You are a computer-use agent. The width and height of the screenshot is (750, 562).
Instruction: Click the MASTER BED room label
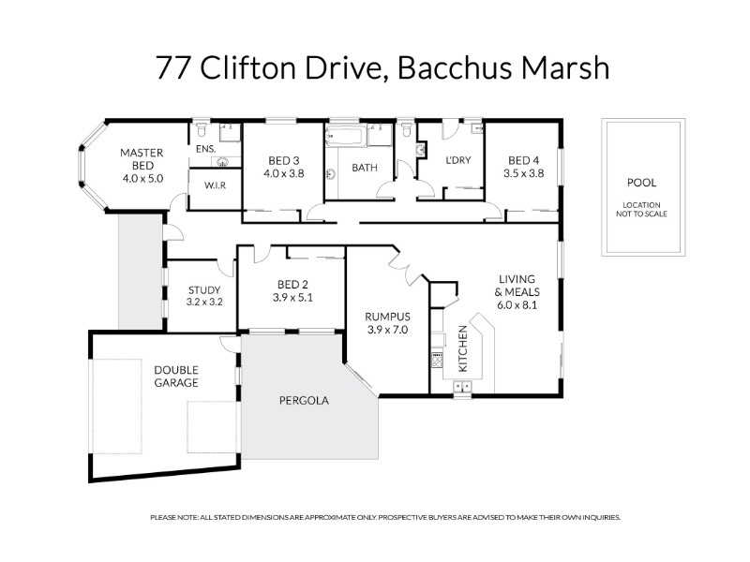[142, 159]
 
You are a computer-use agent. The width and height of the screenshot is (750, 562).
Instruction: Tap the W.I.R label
[216, 185]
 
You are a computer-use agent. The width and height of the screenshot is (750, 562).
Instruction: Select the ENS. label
[205, 149]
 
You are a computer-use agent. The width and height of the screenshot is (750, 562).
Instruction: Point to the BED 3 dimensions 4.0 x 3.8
[284, 173]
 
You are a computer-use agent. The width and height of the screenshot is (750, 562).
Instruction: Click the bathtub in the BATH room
[345, 136]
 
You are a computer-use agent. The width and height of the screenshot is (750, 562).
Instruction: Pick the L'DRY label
[458, 160]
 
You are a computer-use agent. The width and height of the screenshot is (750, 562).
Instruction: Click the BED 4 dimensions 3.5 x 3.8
[524, 173]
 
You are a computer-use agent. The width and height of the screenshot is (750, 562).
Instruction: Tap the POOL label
[641, 183]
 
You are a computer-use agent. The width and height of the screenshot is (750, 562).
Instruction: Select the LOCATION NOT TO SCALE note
[641, 209]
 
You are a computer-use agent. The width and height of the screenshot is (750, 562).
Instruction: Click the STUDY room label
[204, 290]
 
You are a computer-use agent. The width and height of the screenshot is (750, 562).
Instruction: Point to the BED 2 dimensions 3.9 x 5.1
[292, 298]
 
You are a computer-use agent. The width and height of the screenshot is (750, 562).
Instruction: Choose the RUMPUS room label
[387, 317]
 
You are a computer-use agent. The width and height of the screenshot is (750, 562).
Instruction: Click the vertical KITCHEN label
[463, 348]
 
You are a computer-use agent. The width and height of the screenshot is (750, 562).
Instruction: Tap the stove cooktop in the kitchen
[437, 360]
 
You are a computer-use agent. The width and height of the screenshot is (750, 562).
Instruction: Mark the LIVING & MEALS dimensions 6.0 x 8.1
[517, 305]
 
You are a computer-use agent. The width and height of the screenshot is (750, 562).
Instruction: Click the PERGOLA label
[304, 401]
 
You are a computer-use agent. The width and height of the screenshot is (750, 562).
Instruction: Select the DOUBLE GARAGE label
[176, 377]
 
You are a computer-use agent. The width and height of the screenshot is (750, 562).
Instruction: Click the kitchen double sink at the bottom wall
[462, 387]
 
